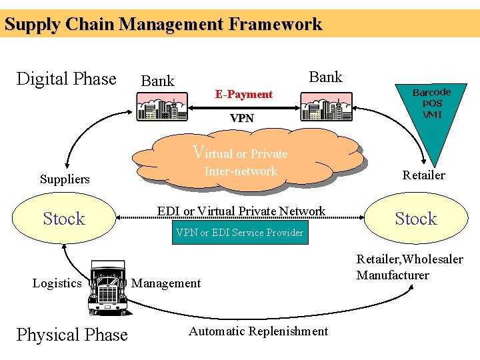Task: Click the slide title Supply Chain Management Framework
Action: [x=163, y=25]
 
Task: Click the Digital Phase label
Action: [x=66, y=79]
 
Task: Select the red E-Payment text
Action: [x=243, y=95]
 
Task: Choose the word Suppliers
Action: [x=65, y=179]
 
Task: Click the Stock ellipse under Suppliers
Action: [x=64, y=219]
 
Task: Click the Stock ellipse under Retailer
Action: [x=415, y=219]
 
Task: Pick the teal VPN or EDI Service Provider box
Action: [x=240, y=233]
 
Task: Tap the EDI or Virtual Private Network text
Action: [x=241, y=211]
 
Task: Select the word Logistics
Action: [x=57, y=283]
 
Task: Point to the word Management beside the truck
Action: [x=166, y=283]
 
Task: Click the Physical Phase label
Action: [x=72, y=335]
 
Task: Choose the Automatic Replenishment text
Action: [x=258, y=331]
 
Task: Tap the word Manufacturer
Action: [x=393, y=275]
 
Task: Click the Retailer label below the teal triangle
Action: [x=423, y=175]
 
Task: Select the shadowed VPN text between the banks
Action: [x=241, y=118]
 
